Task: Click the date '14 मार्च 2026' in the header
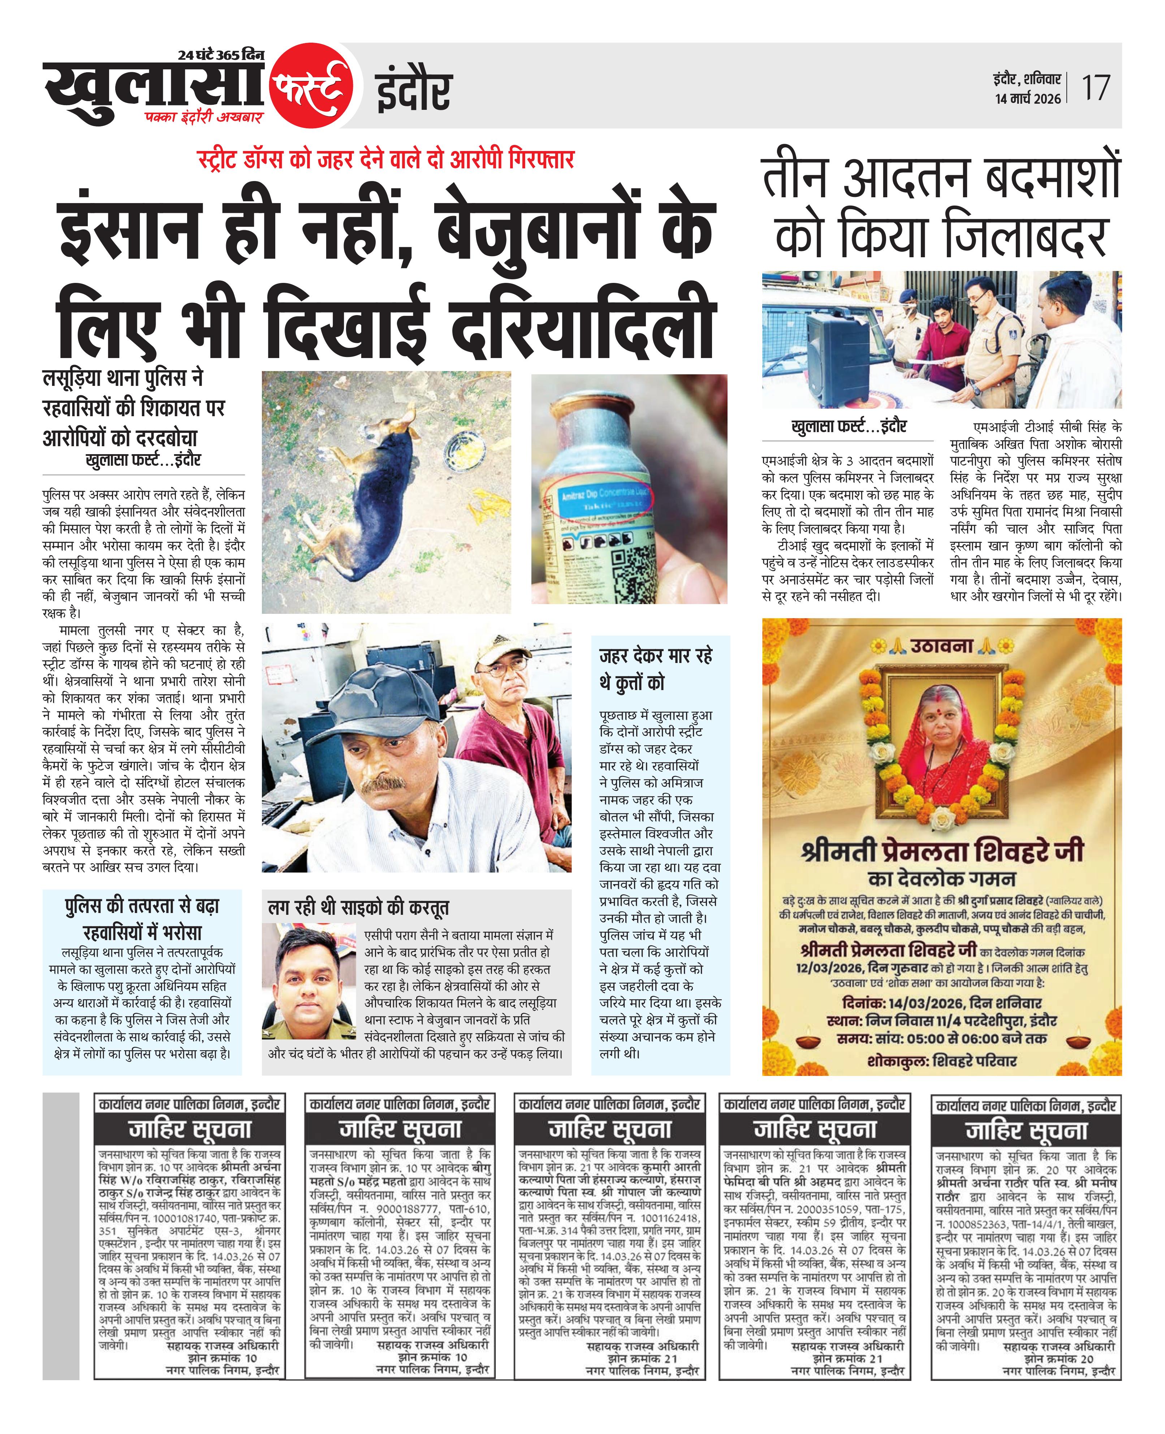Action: (x=1027, y=99)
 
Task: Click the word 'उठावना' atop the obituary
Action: (x=941, y=646)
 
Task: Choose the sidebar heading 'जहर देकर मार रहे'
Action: (x=656, y=656)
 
